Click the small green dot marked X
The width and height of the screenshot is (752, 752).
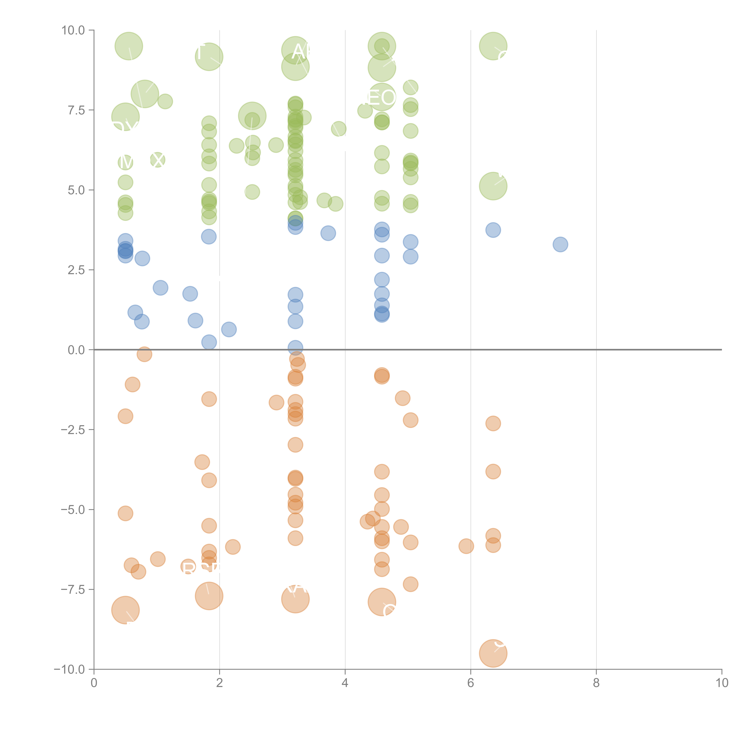158,160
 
